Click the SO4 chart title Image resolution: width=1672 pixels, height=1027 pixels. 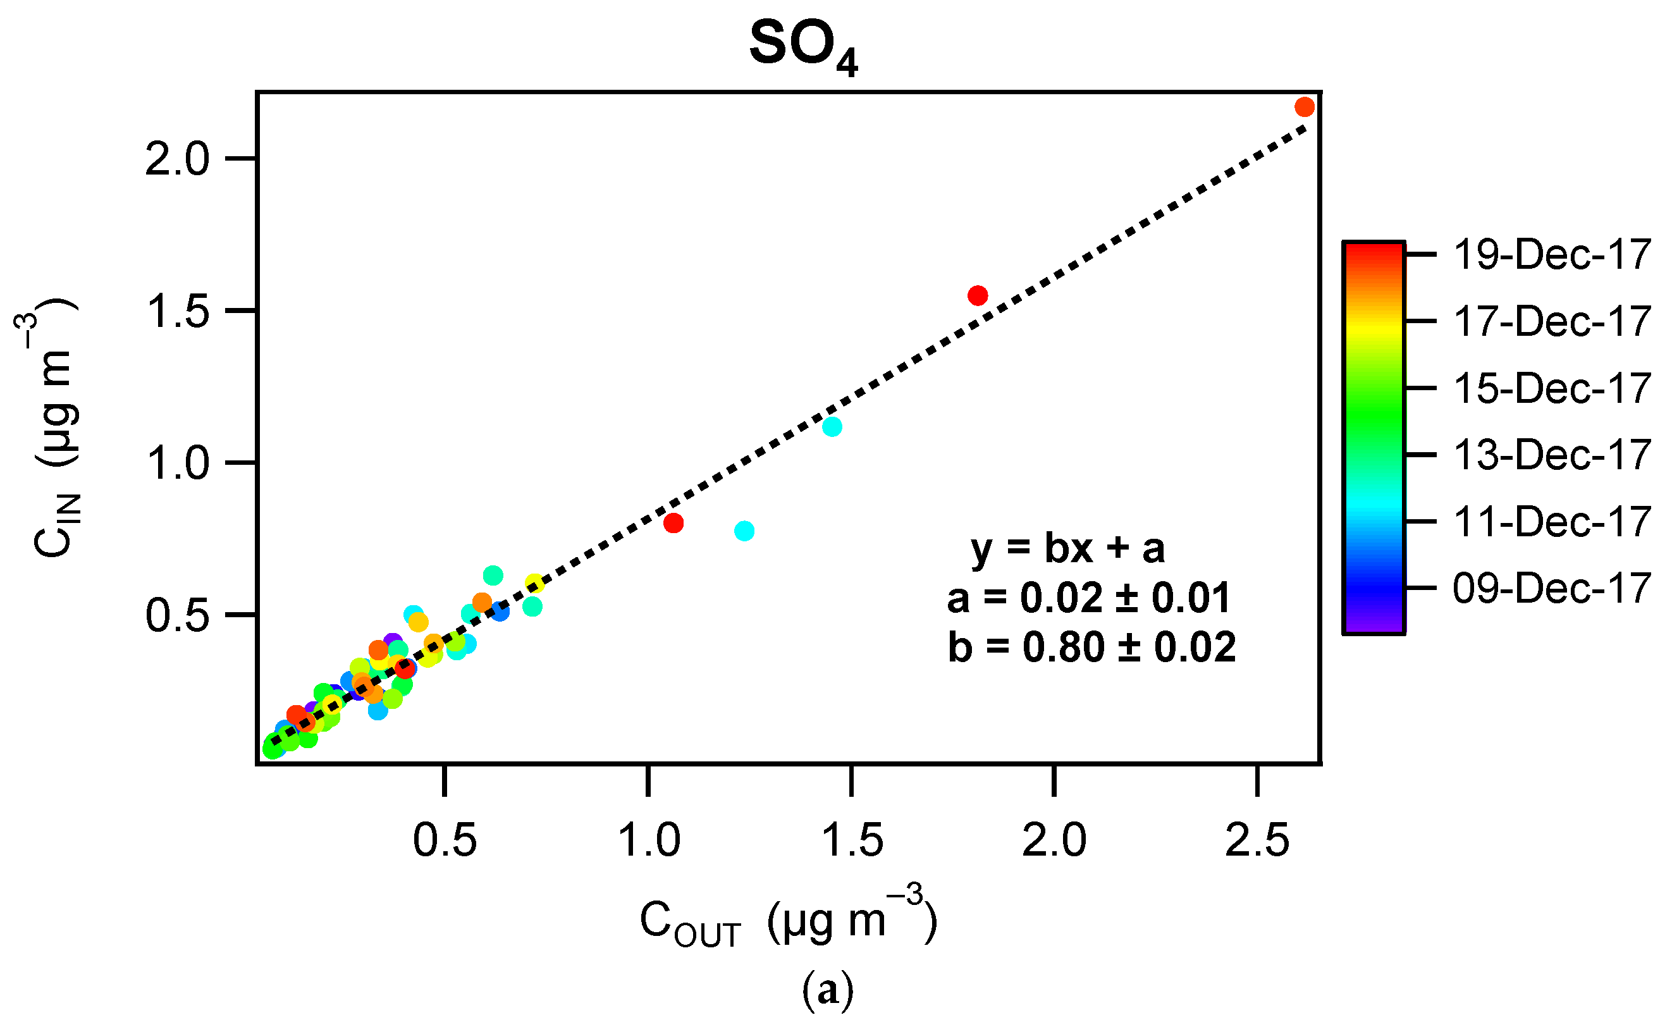(803, 46)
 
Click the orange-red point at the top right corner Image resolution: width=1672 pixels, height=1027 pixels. (1304, 108)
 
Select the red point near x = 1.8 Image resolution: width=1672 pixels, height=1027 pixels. (977, 295)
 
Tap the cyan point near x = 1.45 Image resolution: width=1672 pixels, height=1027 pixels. (832, 427)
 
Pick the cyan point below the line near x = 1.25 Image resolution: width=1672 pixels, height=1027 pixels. (744, 531)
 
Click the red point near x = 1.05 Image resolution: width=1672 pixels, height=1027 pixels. (673, 523)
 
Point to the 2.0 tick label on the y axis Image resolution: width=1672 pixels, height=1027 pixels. (177, 160)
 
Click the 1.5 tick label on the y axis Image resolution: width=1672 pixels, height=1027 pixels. (177, 312)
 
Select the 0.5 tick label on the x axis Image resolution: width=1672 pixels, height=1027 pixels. (445, 840)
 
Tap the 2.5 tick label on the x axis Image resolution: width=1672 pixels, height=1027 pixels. (1257, 840)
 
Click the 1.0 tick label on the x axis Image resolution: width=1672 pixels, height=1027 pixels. (649, 840)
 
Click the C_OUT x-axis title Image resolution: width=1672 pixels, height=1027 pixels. (788, 920)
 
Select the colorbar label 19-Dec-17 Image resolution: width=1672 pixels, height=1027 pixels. (1552, 255)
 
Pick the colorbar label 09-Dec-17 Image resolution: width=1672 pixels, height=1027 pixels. (1552, 588)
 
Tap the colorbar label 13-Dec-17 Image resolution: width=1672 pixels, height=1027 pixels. (1552, 455)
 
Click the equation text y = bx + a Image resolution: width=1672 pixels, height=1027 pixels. (1067, 548)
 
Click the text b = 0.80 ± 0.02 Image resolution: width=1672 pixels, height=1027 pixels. (1091, 647)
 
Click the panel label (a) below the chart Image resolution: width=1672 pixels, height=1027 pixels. (828, 990)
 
